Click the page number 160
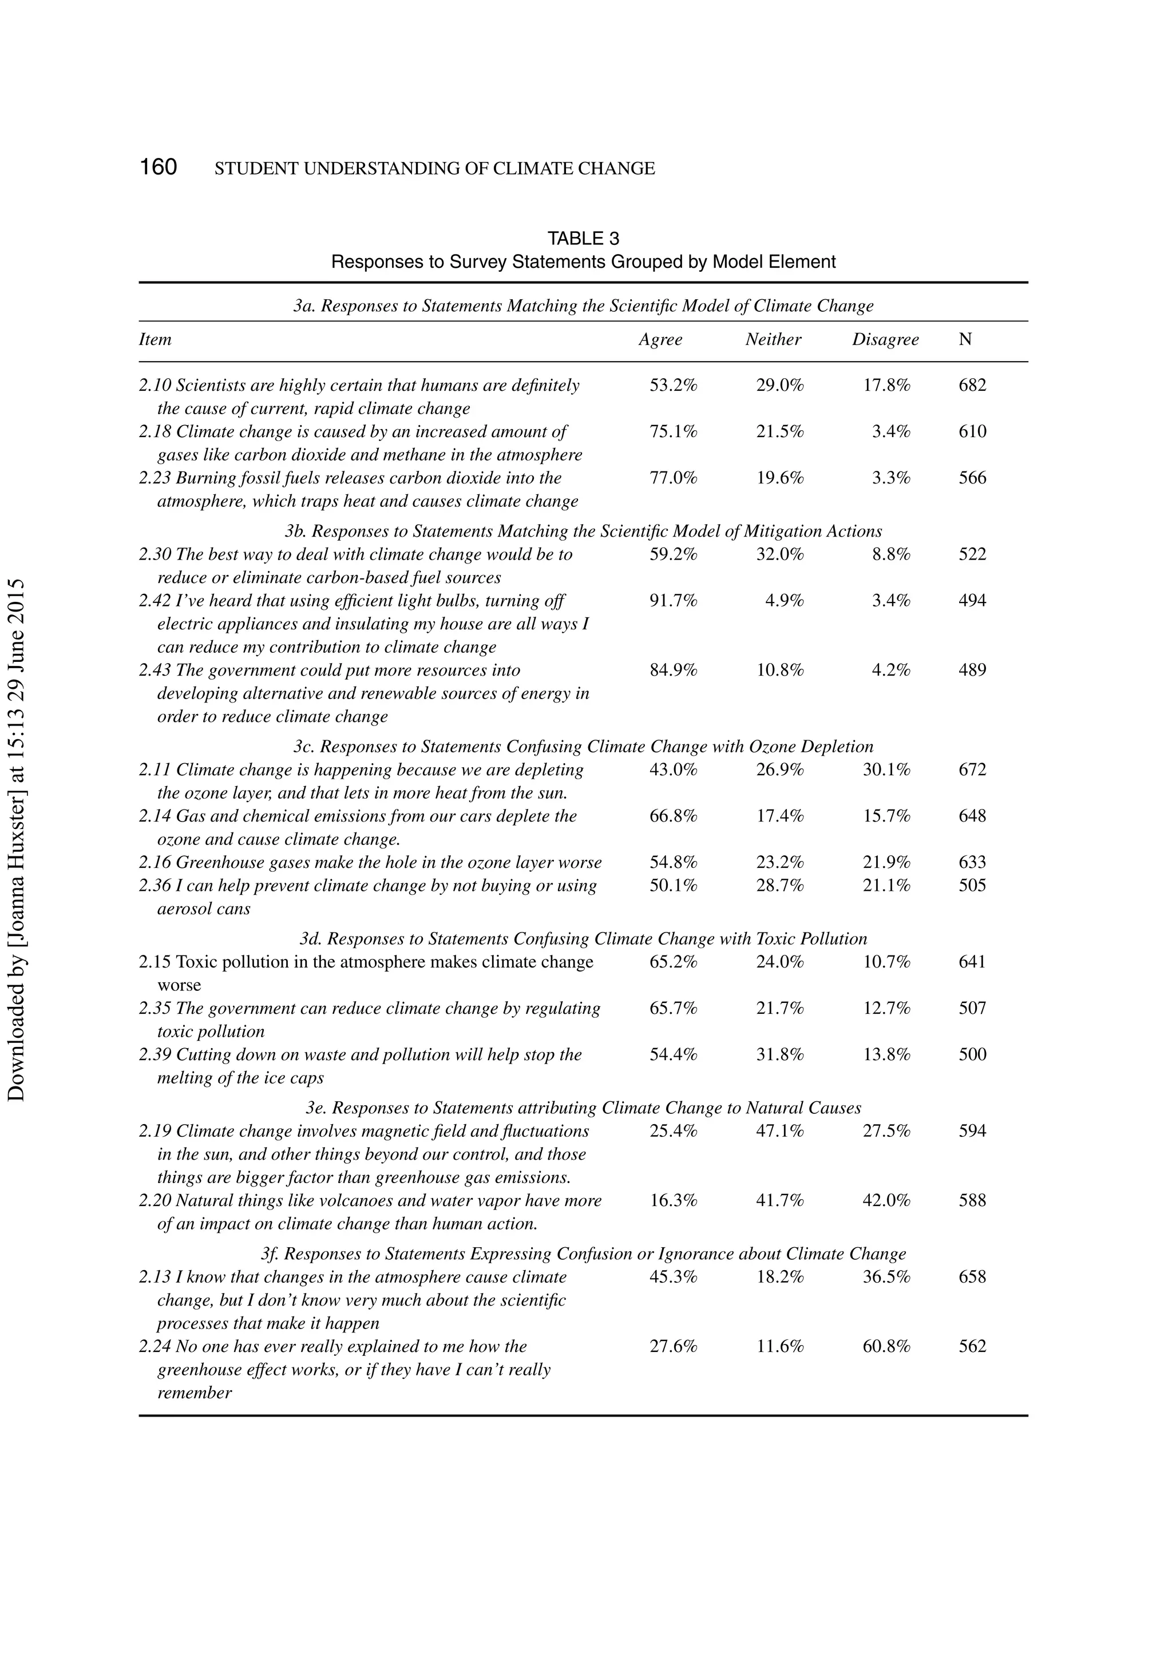coord(159,167)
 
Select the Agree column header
coord(660,340)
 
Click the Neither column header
coord(773,340)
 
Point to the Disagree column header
coord(885,340)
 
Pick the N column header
coord(965,340)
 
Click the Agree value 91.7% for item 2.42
coord(673,601)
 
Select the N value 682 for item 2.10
coord(972,385)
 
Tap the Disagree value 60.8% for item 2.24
coord(886,1347)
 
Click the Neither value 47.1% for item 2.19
coord(779,1131)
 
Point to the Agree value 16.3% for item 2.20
coord(673,1201)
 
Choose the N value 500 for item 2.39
coord(972,1055)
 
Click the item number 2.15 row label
coord(155,962)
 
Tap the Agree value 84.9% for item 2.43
coord(673,670)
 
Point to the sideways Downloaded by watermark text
coord(16,839)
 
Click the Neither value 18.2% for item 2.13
coord(779,1276)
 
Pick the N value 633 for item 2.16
coord(972,863)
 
